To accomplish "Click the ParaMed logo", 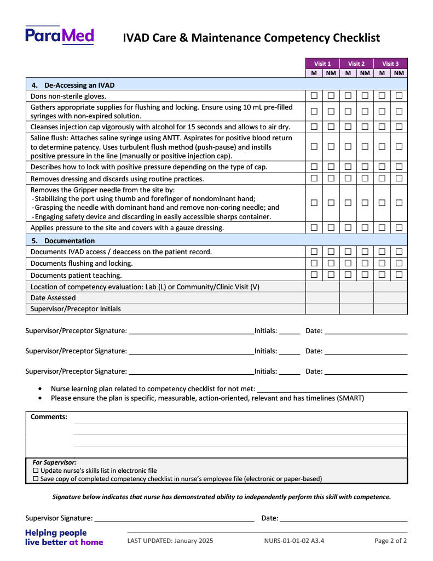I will (x=60, y=36).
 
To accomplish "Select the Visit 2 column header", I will (x=356, y=64).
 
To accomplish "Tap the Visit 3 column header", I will (x=390, y=64).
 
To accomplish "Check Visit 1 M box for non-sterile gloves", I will (x=314, y=96).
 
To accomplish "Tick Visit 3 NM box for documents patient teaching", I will (x=399, y=274).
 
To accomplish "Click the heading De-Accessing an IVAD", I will (x=79, y=85).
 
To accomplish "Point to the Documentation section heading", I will (x=69, y=241).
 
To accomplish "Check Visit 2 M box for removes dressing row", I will (x=348, y=179).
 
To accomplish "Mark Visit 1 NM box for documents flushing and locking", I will (x=331, y=263).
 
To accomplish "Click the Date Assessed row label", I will (x=53, y=297).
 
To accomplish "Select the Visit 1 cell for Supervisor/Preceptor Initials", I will (x=322, y=308).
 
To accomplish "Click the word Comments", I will (x=49, y=417).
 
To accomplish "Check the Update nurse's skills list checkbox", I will (x=36, y=471).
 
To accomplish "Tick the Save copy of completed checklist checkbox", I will (x=36, y=479).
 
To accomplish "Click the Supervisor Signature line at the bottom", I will (x=174, y=518).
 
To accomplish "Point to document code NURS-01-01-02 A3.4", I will (x=294, y=541).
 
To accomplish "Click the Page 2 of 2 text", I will (x=390, y=541).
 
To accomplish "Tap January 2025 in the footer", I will (x=194, y=541).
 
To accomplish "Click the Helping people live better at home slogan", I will (x=64, y=537).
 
